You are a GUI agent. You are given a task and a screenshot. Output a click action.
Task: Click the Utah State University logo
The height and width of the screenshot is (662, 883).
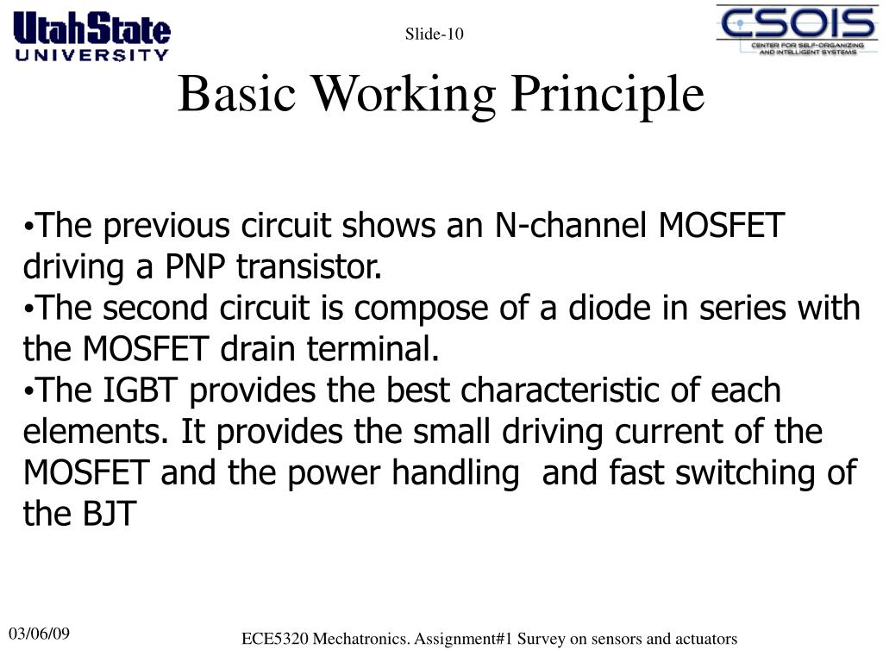click(x=91, y=35)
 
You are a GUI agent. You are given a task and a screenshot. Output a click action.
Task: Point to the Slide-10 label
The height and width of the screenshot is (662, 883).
click(x=435, y=34)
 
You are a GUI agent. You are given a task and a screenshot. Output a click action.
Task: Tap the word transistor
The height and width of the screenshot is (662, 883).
click(x=310, y=267)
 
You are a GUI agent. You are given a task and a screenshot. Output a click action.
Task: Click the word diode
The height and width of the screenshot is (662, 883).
click(x=604, y=308)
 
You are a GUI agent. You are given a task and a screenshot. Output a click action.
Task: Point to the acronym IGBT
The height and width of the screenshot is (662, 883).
click(x=143, y=390)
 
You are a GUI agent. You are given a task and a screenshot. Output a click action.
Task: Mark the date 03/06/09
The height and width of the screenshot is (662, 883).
click(x=40, y=634)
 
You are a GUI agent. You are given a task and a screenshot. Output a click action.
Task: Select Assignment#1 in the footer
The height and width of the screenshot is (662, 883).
click(x=457, y=639)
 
